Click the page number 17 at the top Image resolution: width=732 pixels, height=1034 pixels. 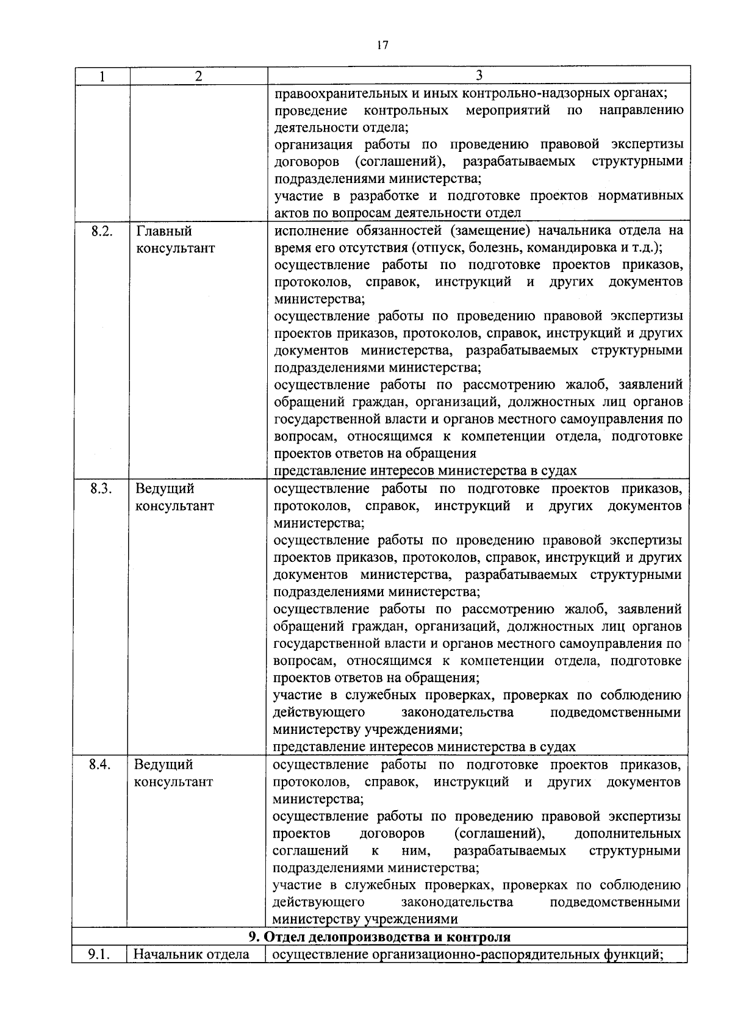point(382,45)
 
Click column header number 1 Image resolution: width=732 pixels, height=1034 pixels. point(102,76)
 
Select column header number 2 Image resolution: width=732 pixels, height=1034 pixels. point(198,76)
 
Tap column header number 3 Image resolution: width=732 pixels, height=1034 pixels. point(479,75)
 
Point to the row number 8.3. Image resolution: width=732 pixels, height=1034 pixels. point(101,489)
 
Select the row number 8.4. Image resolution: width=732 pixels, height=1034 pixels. point(100,765)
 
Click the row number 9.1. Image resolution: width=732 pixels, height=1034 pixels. point(99,955)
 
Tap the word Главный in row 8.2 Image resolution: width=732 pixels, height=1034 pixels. point(163,231)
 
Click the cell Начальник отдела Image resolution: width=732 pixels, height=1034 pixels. point(192,955)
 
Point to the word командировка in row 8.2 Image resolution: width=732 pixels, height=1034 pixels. point(569,248)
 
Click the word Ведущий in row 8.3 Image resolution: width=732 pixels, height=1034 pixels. point(164,489)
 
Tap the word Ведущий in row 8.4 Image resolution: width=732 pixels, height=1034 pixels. point(163,765)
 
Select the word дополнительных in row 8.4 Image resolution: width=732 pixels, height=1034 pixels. point(628,833)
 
